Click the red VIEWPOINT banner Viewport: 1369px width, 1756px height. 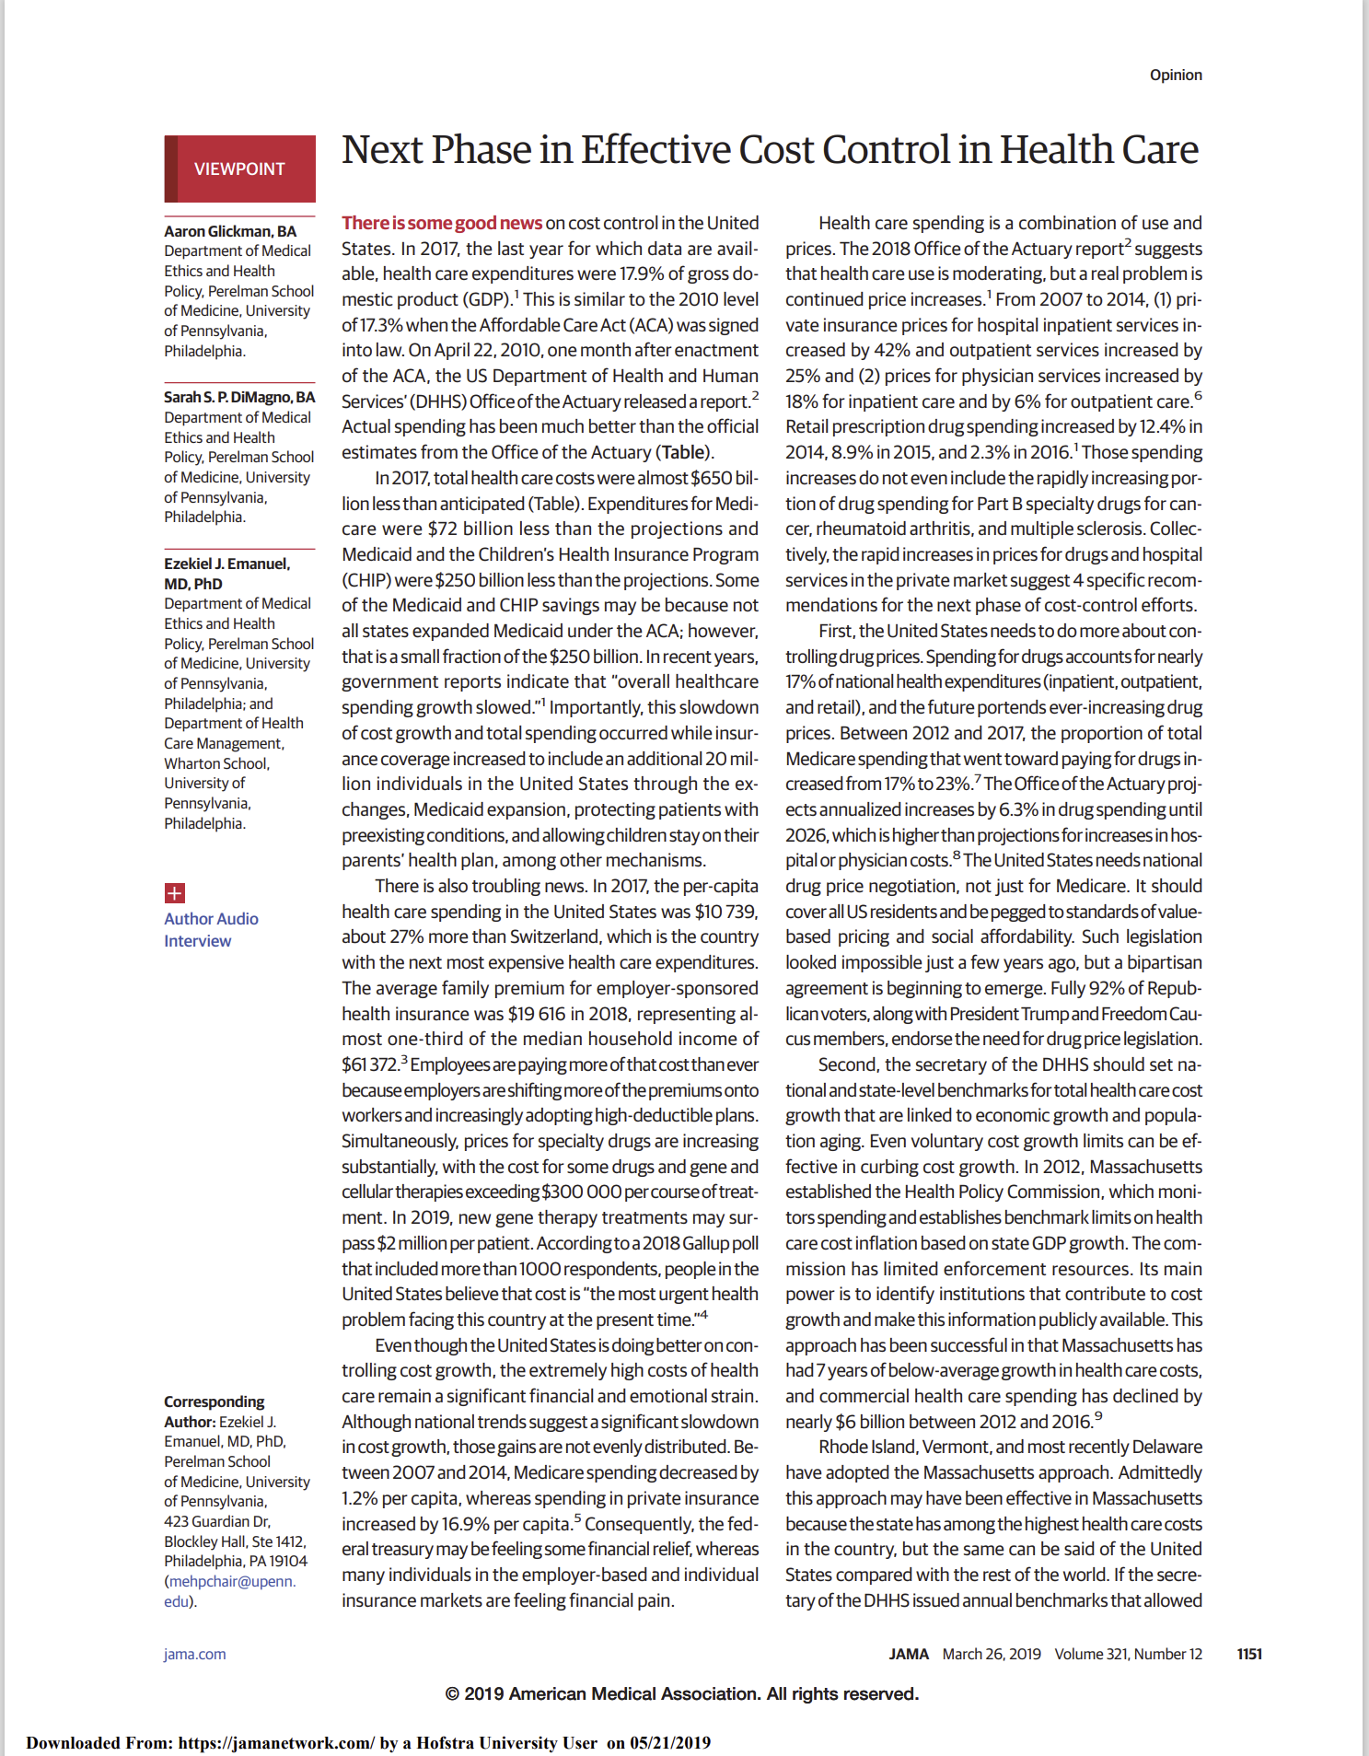(x=239, y=169)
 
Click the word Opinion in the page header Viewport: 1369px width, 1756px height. (x=1175, y=75)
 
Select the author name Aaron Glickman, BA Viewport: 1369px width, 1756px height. (x=230, y=231)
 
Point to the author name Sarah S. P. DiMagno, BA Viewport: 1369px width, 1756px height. (x=239, y=397)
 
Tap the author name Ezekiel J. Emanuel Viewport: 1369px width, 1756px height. (x=226, y=564)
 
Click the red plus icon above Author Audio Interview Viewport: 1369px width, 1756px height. (x=174, y=892)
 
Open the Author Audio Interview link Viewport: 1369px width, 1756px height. (x=211, y=929)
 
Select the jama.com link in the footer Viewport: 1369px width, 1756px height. (x=194, y=1654)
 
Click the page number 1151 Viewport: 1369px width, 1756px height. (x=1248, y=1654)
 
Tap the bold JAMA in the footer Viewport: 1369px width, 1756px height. (x=908, y=1654)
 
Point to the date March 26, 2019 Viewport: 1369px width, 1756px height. (x=991, y=1654)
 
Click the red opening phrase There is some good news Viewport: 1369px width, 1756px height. (x=442, y=223)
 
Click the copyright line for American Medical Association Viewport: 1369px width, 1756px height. (x=681, y=1693)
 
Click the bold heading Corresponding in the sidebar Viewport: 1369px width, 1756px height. (x=214, y=1401)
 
